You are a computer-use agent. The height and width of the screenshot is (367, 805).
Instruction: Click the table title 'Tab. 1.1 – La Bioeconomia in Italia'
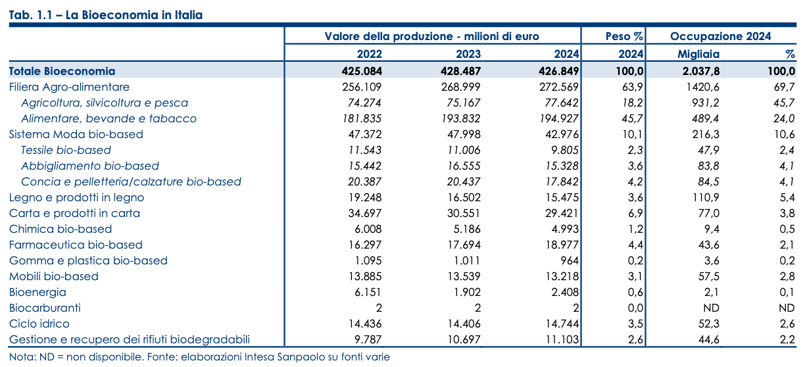[106, 15]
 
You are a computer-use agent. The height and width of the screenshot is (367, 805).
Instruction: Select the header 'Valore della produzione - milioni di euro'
[432, 37]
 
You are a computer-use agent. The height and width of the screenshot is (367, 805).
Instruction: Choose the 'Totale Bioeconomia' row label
[62, 71]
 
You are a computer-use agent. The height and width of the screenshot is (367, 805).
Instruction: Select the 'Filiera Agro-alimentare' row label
[69, 87]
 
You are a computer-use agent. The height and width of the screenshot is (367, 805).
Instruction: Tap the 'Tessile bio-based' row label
[66, 150]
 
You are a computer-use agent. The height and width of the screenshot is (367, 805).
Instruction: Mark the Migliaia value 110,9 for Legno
[706, 197]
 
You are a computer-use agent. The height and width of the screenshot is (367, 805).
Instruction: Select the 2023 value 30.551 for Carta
[461, 213]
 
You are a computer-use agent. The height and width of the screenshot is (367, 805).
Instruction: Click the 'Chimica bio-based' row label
[61, 229]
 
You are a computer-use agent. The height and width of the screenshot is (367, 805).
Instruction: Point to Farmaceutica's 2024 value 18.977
[559, 245]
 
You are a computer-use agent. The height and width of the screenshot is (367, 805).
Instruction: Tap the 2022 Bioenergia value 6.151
[365, 292]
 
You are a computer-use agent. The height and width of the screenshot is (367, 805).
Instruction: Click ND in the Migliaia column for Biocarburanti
[711, 308]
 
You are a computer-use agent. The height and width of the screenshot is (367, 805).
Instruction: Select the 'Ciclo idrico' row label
[39, 324]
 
